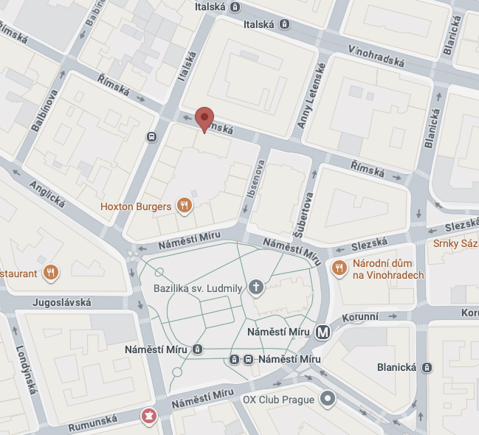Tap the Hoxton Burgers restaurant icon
(185, 206)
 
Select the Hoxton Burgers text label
(136, 206)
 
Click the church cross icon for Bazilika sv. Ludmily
(256, 287)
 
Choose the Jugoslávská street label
(62, 302)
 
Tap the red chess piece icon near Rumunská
(149, 417)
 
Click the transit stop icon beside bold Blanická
(427, 367)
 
